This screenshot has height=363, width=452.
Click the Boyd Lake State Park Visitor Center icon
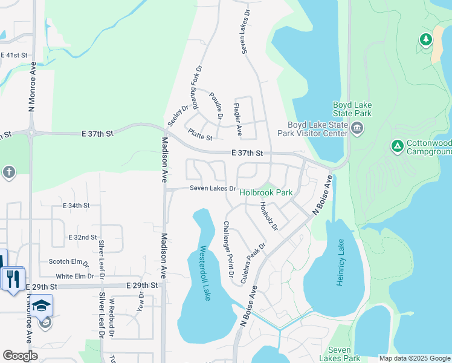[x=356, y=128]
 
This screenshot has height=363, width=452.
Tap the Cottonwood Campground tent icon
[x=397, y=146]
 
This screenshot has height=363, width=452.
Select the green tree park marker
[x=426, y=40]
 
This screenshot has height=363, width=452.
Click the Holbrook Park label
[x=266, y=193]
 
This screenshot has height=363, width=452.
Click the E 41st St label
[x=15, y=55]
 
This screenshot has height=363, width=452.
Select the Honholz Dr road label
[x=268, y=216]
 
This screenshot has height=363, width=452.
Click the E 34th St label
[x=76, y=206]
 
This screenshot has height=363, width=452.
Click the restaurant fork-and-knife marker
[x=12, y=279]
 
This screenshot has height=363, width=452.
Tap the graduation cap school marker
[x=42, y=305]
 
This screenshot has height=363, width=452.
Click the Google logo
[x=20, y=356]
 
